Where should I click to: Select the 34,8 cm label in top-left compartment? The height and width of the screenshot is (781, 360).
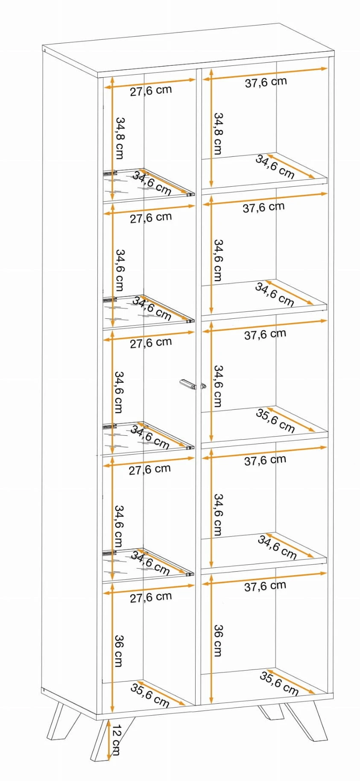pos(120,138)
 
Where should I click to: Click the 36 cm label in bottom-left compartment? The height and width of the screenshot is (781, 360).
pos(119,651)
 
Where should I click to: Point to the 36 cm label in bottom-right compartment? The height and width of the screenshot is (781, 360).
pos(217,640)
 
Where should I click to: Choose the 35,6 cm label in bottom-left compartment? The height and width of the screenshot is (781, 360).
pos(150,695)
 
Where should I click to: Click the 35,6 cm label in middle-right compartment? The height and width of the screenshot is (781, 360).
pos(275,420)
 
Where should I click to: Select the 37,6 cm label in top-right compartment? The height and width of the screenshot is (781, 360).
pos(266,82)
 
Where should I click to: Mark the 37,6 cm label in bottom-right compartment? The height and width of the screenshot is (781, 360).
pos(265,586)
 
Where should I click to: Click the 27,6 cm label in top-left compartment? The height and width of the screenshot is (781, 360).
pos(151,91)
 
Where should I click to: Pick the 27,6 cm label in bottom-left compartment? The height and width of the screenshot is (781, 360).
pos(151,597)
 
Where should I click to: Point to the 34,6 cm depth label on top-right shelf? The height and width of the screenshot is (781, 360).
pos(275,166)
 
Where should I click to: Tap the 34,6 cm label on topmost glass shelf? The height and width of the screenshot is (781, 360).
pos(152,183)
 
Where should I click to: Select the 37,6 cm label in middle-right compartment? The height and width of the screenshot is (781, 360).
pos(265,334)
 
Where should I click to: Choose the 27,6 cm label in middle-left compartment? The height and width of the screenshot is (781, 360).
pos(151,343)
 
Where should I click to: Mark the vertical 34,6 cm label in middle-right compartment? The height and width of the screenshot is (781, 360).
pos(217,385)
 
